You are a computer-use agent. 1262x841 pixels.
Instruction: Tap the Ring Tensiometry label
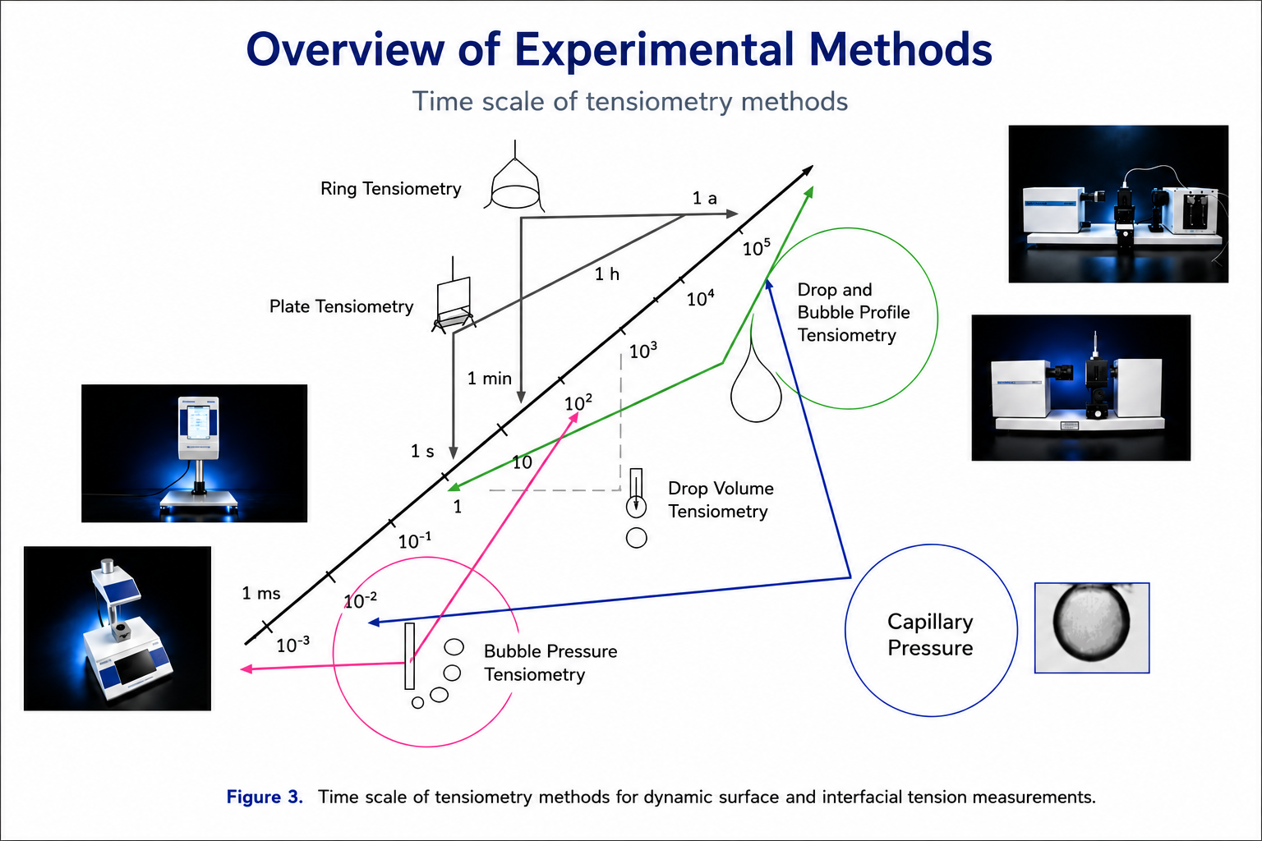[x=390, y=189]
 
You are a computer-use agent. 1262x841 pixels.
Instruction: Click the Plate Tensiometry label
[x=341, y=306]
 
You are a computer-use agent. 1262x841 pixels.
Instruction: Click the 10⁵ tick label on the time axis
[x=756, y=247]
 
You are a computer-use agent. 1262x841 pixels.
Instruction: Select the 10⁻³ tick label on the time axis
[x=293, y=645]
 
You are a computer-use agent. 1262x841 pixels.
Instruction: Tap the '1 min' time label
[x=490, y=379]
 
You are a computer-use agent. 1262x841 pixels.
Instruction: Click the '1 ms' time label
[x=260, y=593]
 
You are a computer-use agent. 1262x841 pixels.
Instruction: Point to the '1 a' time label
[x=704, y=198]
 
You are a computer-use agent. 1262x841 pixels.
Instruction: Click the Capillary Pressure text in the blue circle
[x=930, y=635]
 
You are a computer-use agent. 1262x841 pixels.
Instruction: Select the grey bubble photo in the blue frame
[x=1092, y=627]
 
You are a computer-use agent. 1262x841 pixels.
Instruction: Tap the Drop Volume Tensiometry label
[x=721, y=499]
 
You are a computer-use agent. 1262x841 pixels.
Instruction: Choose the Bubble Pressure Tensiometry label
[x=550, y=663]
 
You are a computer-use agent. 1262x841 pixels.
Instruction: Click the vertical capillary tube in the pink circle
[x=410, y=655]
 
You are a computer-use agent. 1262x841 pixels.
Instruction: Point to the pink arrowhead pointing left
[x=246, y=669]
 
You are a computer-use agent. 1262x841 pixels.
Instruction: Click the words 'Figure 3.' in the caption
[x=265, y=797]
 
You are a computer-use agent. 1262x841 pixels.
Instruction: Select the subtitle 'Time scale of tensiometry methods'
[x=630, y=102]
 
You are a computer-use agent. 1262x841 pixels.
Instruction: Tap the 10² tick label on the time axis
[x=578, y=402]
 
